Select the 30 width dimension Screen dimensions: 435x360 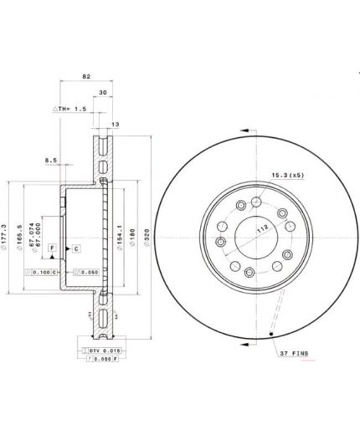103,93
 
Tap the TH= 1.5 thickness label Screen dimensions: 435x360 71,110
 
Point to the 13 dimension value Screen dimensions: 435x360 115,124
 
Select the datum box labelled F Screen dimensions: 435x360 52,249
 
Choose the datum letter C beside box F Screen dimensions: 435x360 75,249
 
